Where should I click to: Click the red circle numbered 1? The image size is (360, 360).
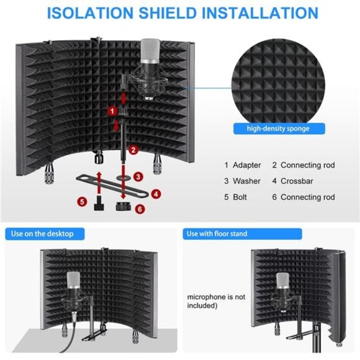[x=112, y=110]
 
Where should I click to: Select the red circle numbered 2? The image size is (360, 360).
[x=133, y=150]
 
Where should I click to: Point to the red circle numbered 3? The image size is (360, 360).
[x=138, y=176]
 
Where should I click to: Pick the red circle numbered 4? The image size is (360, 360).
[x=156, y=194]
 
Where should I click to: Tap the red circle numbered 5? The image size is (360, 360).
[x=82, y=202]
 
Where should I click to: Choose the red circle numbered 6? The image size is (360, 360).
[x=140, y=209]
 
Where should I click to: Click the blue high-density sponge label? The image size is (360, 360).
[x=279, y=128]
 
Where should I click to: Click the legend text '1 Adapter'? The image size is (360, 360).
[x=243, y=165]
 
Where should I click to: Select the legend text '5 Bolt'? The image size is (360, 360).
[x=236, y=197]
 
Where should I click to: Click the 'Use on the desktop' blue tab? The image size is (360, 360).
[x=42, y=233]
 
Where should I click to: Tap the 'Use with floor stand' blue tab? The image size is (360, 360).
[x=217, y=233]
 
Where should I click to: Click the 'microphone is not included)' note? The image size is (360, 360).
[x=217, y=301]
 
